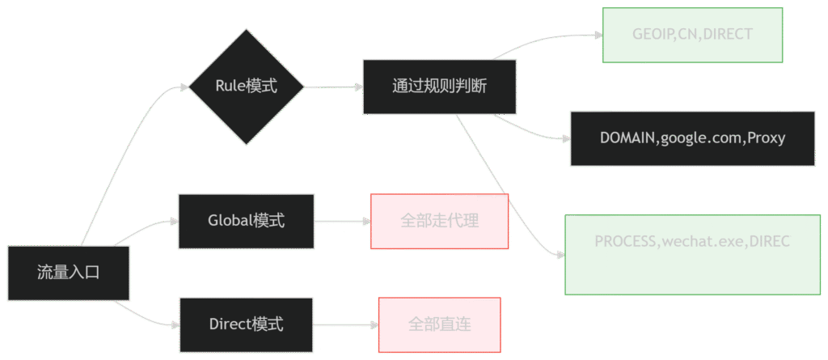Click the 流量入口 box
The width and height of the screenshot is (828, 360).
(68, 273)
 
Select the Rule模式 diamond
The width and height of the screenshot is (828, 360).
(246, 87)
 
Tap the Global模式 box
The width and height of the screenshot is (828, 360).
(246, 220)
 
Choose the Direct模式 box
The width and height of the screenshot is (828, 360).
(246, 324)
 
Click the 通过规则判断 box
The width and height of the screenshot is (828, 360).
(439, 87)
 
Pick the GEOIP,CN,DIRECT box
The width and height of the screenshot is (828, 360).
(693, 35)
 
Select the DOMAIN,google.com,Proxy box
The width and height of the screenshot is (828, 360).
(692, 138)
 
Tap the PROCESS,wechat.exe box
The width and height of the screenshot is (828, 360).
(692, 254)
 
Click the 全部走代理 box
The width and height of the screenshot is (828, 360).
(440, 220)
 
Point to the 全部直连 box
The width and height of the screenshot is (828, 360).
(439, 324)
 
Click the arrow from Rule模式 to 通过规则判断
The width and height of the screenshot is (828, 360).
(333, 87)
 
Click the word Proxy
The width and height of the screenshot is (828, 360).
(767, 138)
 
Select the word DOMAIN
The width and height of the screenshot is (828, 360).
(627, 138)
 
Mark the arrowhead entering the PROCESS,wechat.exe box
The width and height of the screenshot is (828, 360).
(560, 255)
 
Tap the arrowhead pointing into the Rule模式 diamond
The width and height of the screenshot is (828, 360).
(183, 87)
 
